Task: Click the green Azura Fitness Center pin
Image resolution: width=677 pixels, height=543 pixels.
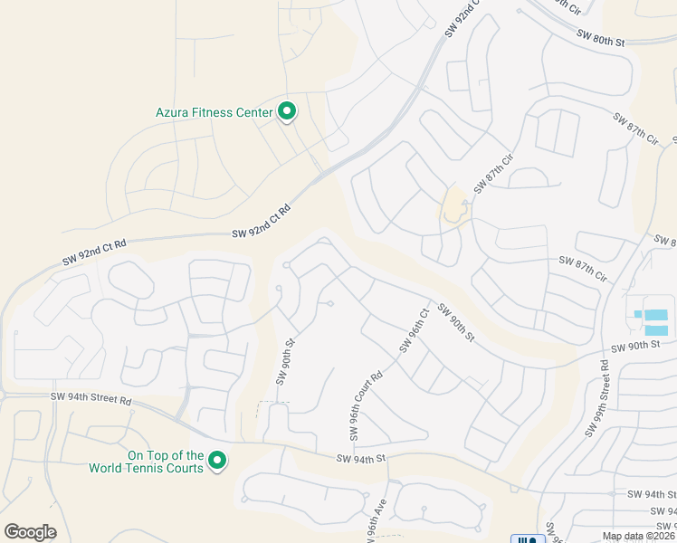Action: (287, 111)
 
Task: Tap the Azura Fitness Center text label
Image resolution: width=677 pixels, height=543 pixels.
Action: (215, 113)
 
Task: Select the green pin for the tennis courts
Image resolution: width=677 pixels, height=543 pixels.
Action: (217, 461)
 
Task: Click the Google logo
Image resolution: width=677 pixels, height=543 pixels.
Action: (30, 532)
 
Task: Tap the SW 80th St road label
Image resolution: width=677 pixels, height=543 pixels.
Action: (600, 37)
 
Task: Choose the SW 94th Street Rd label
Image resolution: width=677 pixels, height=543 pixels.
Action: (91, 399)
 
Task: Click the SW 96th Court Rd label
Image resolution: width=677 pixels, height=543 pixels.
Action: (366, 399)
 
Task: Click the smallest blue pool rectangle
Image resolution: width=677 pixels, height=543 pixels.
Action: (638, 314)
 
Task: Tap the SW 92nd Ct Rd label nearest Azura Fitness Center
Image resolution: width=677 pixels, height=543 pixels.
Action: (262, 222)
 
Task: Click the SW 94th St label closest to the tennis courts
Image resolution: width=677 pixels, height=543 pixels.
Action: (361, 459)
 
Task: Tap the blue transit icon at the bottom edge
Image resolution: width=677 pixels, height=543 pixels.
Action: (525, 539)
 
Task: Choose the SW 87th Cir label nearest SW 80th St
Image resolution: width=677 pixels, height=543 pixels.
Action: (634, 128)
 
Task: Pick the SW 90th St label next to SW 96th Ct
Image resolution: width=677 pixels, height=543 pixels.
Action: (455, 321)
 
